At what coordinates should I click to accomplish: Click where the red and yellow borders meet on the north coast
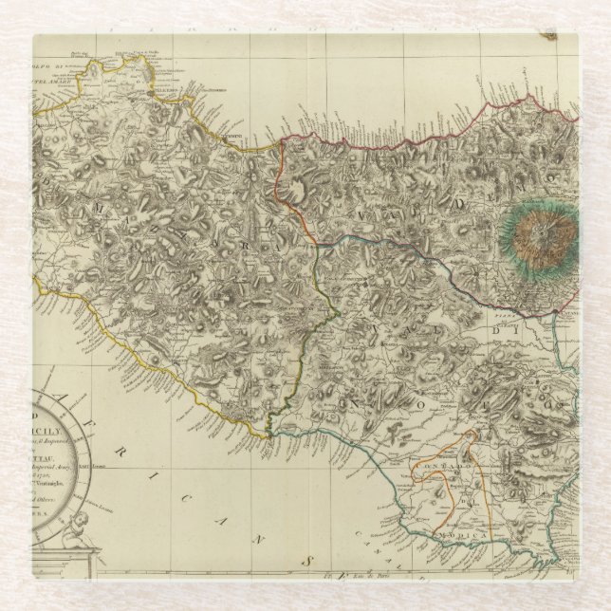[277, 145]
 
